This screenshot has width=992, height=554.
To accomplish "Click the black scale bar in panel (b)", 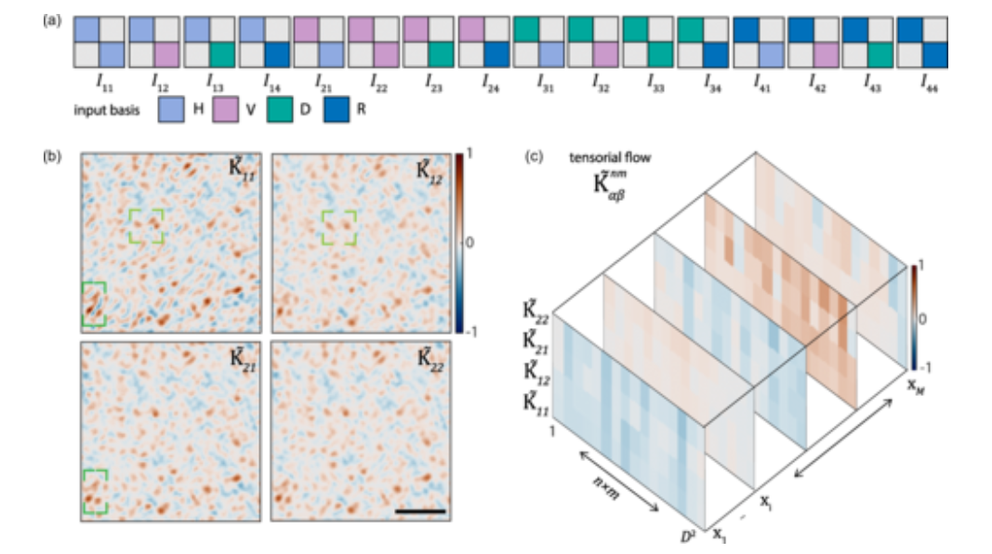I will point(420,509).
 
